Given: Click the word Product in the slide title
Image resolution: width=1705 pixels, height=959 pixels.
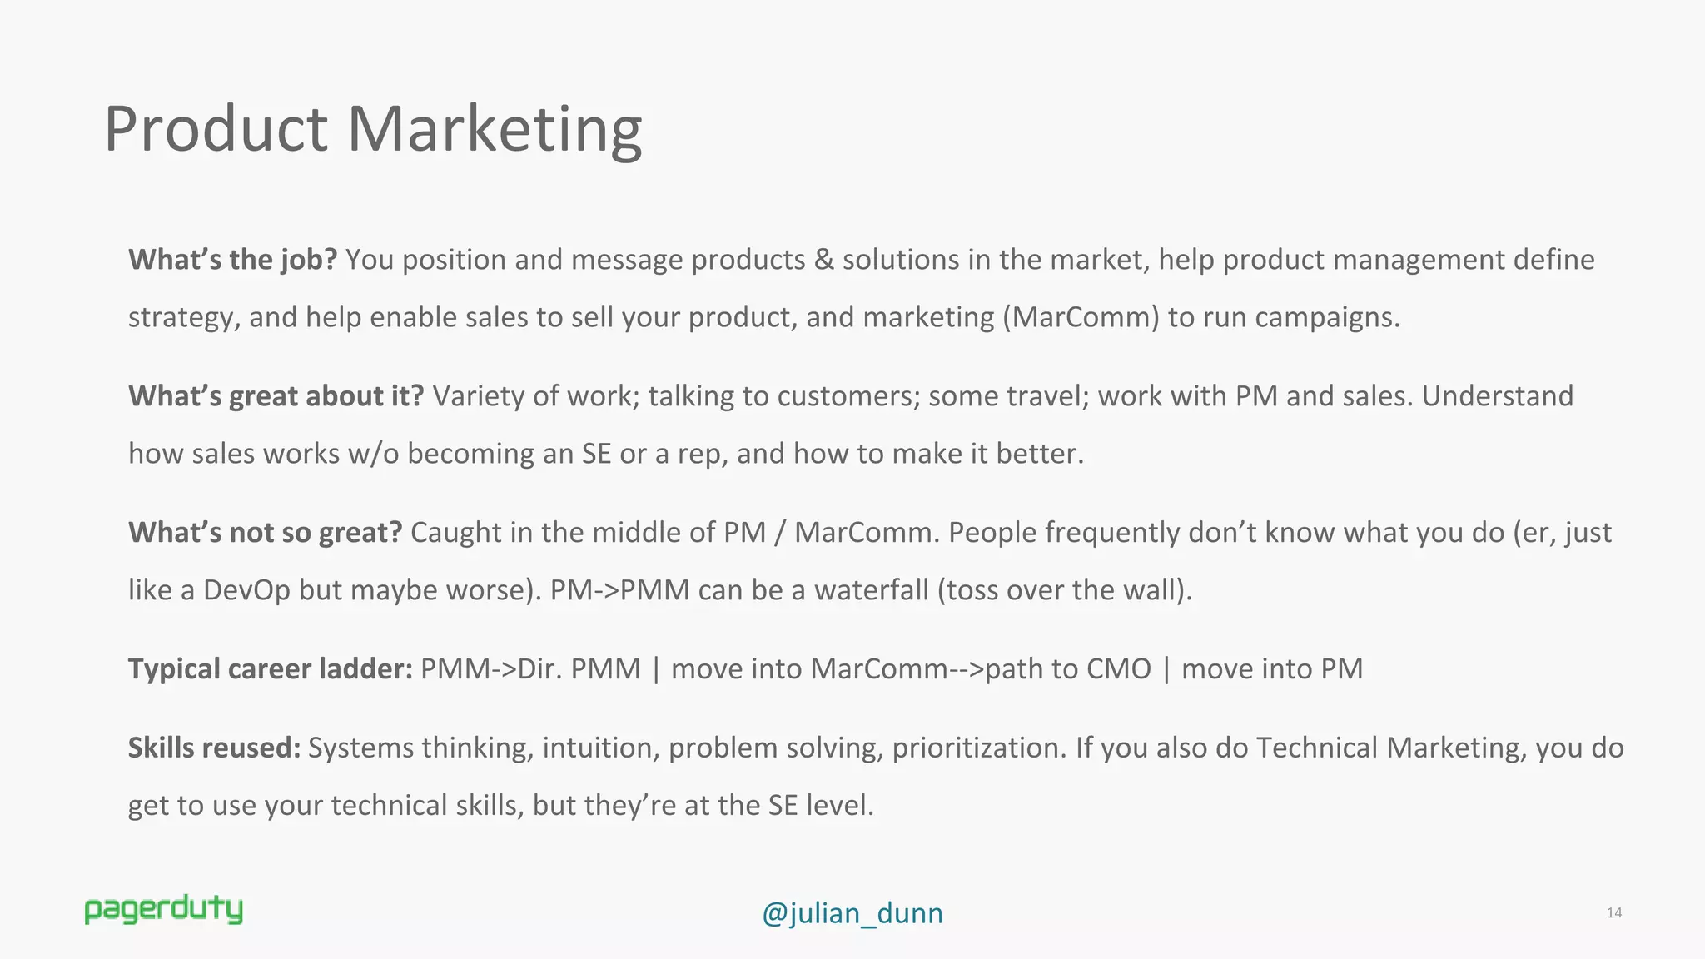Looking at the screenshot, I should tap(216, 129).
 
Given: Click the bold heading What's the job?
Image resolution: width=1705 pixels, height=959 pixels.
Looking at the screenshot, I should tap(232, 260).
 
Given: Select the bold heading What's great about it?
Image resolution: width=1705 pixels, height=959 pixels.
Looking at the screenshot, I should tap(276, 396).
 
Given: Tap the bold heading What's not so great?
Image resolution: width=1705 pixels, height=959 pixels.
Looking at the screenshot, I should tap(265, 533).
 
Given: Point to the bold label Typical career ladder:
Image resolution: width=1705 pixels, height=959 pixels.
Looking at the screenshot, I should tap(270, 669).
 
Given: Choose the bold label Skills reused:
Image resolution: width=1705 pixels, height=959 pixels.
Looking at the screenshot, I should tap(214, 748).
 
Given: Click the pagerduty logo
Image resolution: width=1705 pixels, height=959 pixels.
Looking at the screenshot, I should tap(163, 910).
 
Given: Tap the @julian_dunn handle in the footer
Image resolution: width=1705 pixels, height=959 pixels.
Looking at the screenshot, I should tap(852, 913).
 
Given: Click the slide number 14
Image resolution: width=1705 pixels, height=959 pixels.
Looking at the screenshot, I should tap(1613, 913).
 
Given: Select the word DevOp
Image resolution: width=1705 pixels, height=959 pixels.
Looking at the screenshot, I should tap(246, 590).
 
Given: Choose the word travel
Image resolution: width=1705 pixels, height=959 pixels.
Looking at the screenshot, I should tap(1048, 396).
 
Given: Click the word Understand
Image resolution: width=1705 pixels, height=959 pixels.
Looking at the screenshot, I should tap(1497, 396).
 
